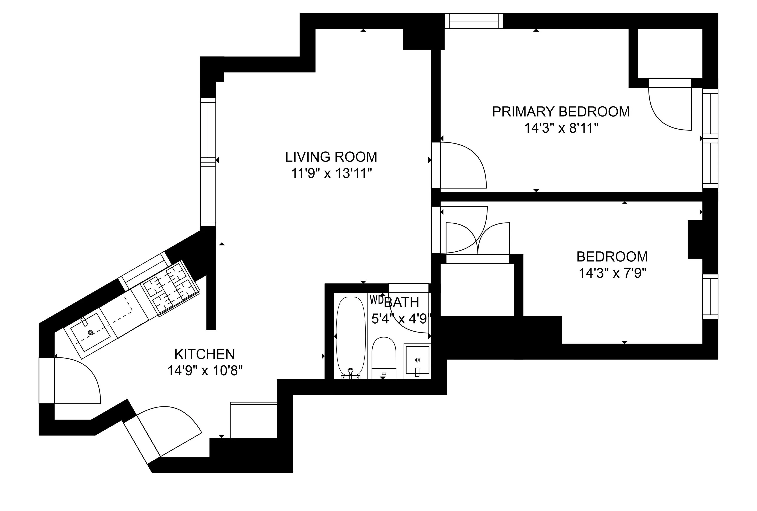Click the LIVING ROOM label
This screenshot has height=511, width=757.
point(331,157)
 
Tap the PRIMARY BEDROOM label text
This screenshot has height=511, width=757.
point(561,112)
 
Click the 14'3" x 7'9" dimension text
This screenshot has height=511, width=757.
point(612,273)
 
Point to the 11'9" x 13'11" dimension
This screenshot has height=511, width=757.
point(331,174)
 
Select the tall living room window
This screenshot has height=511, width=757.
point(208,162)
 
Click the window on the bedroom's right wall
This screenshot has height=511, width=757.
point(710,297)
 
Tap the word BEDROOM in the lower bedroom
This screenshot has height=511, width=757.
point(612,257)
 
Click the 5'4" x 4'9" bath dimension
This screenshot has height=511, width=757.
point(401,319)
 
